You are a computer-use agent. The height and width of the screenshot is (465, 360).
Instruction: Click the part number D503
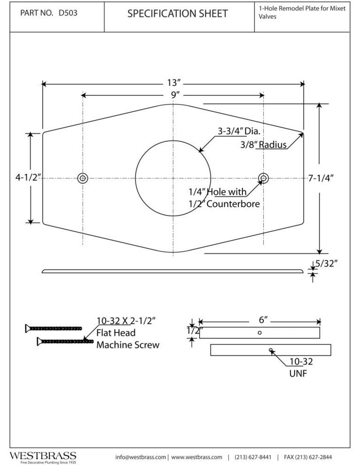pos(68,14)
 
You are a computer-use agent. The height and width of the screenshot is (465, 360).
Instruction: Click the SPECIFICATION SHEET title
pos(177,14)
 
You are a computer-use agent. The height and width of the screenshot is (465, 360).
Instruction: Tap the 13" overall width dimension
pos(173,83)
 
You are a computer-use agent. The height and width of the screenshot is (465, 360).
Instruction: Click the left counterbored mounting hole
pos(83,178)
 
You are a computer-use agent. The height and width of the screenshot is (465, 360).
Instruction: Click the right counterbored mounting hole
pos(263,178)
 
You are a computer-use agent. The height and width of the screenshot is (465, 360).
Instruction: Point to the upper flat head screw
pos(54,328)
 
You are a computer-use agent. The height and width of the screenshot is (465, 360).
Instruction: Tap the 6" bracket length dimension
pos(263,320)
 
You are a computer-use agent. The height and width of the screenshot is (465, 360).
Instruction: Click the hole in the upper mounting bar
pos(260,332)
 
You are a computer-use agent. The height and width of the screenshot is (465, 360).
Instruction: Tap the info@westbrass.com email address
pos(141,457)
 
